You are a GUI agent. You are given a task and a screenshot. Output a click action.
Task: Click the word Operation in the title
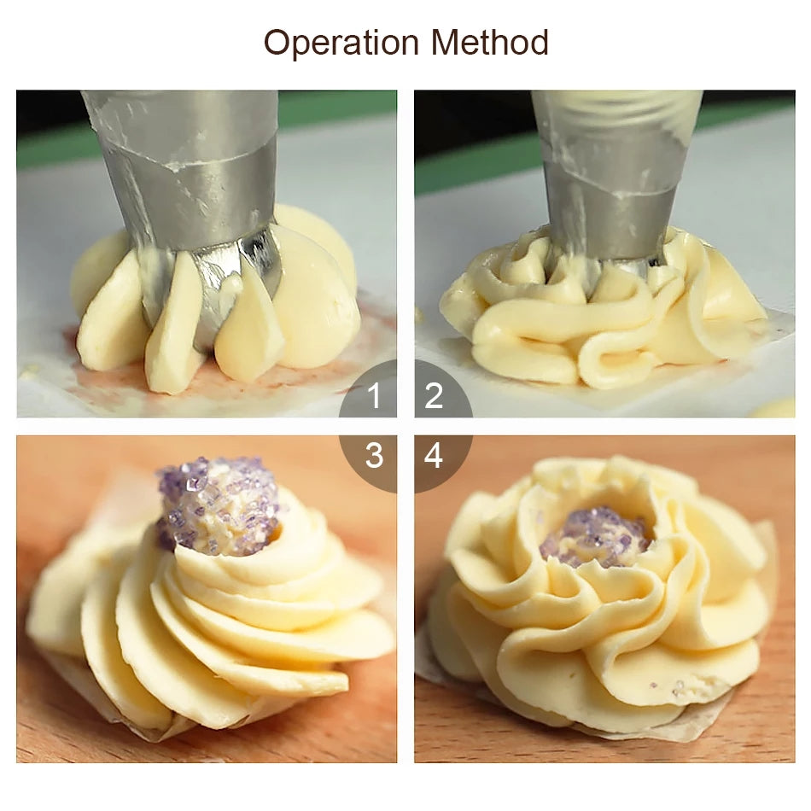[341, 43]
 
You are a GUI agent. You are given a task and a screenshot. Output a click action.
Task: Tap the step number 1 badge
[369, 390]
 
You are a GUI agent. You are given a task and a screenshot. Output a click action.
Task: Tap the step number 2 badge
[442, 390]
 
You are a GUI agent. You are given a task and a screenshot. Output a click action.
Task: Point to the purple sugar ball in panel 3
[217, 506]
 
